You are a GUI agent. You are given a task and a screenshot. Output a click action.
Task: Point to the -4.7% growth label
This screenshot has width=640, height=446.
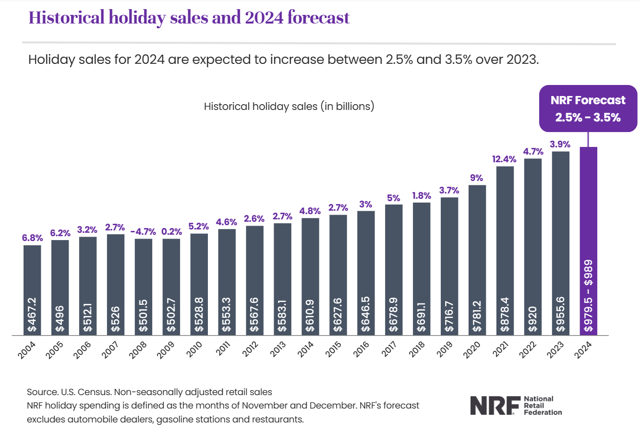[143, 231]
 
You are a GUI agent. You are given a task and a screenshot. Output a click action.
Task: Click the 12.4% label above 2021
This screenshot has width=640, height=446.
[504, 159]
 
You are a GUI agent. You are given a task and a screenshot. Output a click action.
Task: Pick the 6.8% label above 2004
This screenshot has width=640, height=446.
[32, 238]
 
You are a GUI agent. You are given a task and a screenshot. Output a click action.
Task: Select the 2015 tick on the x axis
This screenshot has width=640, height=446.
[334, 349]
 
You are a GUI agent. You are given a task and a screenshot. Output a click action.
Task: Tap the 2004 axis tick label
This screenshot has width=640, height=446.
[27, 350]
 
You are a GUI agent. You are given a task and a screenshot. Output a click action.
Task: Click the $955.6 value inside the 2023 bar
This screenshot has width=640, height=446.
[560, 314]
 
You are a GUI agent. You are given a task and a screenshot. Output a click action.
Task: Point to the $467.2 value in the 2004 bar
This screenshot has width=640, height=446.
[32, 314]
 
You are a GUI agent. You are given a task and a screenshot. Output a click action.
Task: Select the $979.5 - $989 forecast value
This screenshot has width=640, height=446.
[588, 296]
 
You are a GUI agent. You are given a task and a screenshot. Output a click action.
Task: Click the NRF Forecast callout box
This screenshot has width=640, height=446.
[588, 108]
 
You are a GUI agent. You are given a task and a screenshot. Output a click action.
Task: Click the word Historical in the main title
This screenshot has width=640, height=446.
[66, 18]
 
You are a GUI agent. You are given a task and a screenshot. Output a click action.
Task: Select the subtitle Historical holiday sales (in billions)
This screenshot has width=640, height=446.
[289, 106]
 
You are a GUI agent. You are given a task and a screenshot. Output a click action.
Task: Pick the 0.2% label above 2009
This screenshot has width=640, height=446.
[171, 231]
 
